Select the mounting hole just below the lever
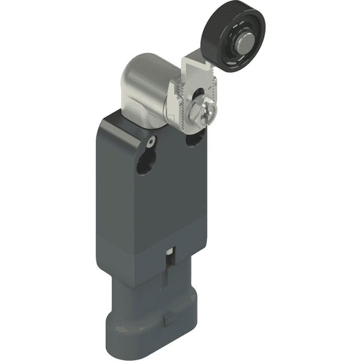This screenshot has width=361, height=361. click(x=195, y=138)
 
